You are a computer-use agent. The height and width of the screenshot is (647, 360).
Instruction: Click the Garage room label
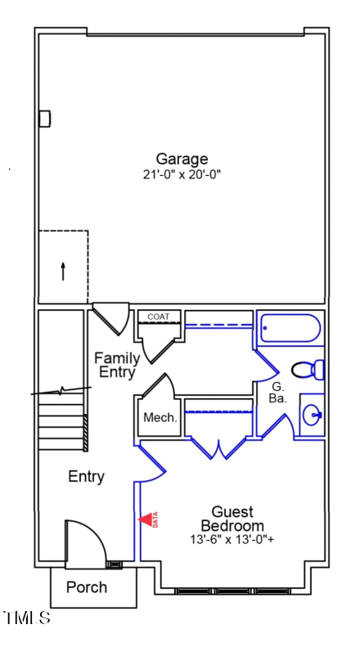[182, 159]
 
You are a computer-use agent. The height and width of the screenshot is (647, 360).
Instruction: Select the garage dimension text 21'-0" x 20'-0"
[182, 174]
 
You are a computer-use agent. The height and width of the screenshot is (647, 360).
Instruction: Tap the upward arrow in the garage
[63, 271]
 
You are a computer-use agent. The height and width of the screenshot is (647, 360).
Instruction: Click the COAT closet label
[159, 317]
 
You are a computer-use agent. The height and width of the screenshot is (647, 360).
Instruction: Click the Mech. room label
[160, 418]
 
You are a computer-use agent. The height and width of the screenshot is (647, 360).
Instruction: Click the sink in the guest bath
[313, 416]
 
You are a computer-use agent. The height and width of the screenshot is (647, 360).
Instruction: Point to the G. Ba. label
[277, 392]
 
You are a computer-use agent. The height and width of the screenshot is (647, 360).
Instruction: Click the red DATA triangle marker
[147, 519]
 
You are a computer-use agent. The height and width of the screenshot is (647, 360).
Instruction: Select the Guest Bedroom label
[232, 519]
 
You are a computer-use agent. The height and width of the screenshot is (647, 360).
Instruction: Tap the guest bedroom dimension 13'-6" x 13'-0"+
[232, 539]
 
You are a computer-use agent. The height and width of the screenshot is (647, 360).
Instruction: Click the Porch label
[87, 587]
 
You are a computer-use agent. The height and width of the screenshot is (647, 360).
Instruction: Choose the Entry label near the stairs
[86, 477]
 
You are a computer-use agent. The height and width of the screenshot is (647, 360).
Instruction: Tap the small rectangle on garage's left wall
[44, 119]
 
